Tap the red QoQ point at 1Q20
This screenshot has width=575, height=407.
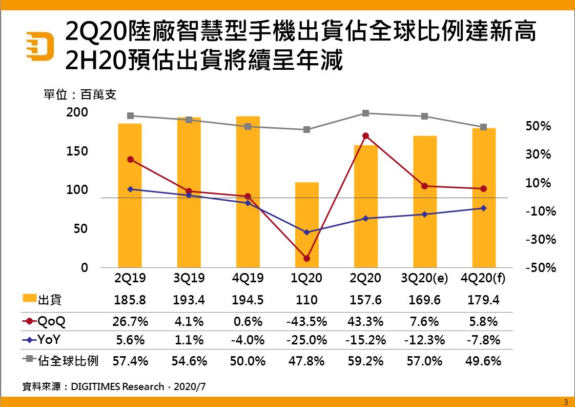pyautogui.click(x=306, y=258)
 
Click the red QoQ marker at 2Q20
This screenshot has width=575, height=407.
pyautogui.click(x=365, y=136)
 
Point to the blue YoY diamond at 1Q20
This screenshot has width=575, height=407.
pyautogui.click(x=306, y=232)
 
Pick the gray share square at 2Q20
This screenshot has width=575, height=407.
pyautogui.click(x=365, y=113)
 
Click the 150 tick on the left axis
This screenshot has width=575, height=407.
pyautogui.click(x=77, y=151)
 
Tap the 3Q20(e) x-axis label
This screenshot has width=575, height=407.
pyautogui.click(x=424, y=278)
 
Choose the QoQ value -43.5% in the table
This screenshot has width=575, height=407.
pyautogui.click(x=306, y=322)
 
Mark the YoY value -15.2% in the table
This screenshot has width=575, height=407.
pyautogui.click(x=365, y=340)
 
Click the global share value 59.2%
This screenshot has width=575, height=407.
pyautogui.click(x=365, y=361)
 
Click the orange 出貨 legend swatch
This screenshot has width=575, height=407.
pyautogui.click(x=30, y=299)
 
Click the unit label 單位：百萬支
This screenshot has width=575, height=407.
pyautogui.click(x=80, y=95)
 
